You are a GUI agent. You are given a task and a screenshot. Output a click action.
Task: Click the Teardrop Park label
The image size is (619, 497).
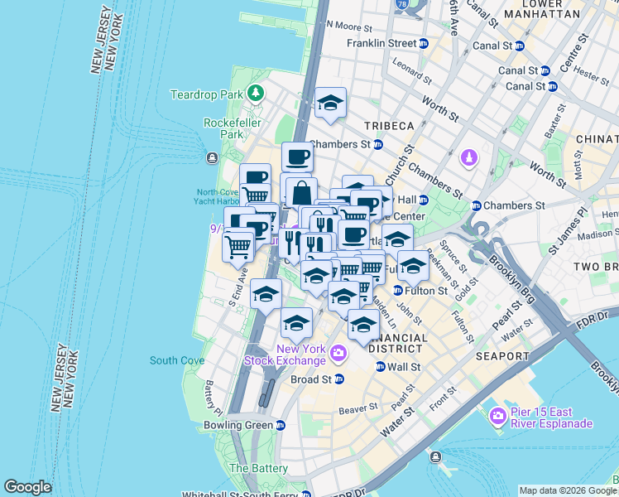point(207,95)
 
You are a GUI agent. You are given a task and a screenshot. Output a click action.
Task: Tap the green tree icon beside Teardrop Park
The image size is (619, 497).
point(257,94)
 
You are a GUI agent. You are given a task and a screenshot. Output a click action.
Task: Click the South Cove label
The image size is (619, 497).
point(177,360)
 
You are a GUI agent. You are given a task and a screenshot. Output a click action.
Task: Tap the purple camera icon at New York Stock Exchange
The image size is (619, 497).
point(338,355)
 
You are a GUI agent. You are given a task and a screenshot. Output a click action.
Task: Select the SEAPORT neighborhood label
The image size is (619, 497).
point(502,356)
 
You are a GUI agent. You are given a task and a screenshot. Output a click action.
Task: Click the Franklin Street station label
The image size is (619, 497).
point(381,43)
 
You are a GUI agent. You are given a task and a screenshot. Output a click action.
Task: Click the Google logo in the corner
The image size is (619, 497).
point(27,487)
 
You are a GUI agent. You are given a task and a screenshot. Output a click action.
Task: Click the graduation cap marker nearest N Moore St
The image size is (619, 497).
point(330,104)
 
